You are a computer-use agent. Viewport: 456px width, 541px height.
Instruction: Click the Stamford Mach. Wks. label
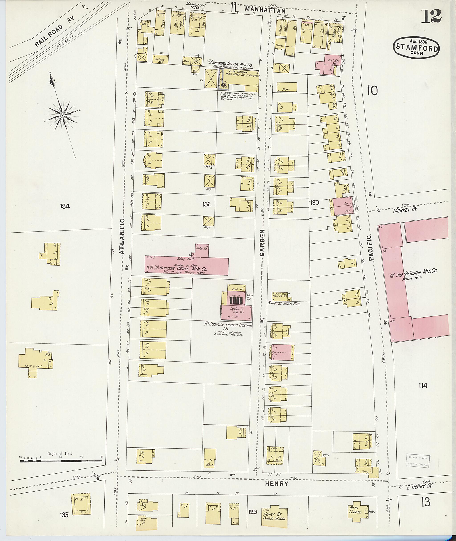point(284,304)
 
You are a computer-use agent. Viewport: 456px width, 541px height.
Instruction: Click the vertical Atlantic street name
point(122,237)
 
